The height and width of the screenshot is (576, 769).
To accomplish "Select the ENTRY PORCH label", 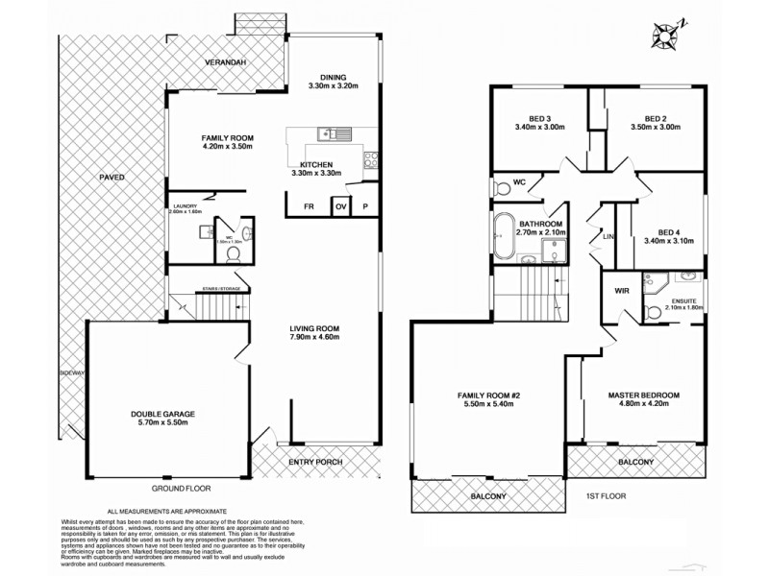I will click(x=315, y=462).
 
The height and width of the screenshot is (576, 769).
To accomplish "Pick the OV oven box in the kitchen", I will click(x=340, y=206).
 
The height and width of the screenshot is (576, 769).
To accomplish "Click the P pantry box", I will click(x=365, y=206).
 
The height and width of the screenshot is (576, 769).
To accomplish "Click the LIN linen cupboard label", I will click(x=608, y=235).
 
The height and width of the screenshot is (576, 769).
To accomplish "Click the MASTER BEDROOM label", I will click(x=644, y=396).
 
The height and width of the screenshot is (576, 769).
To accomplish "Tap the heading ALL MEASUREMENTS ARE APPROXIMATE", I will click(x=167, y=512).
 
